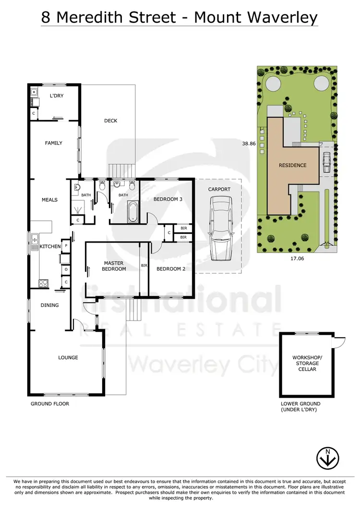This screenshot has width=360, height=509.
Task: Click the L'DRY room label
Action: [57, 96]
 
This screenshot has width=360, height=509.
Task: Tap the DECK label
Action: [111, 121]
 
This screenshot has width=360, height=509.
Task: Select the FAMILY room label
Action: [54, 143]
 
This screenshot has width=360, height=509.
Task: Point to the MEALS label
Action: [50, 200]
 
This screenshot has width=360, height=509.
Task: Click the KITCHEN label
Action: [50, 246]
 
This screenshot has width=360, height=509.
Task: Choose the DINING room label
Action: [49, 305]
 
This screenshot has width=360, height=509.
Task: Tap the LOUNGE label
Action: [68, 357]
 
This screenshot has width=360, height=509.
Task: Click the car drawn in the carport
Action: [219, 228]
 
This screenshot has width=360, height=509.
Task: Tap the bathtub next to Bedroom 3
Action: [132, 211]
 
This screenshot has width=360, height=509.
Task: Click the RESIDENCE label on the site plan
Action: [292, 165]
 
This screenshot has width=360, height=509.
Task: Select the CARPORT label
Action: [219, 189]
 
